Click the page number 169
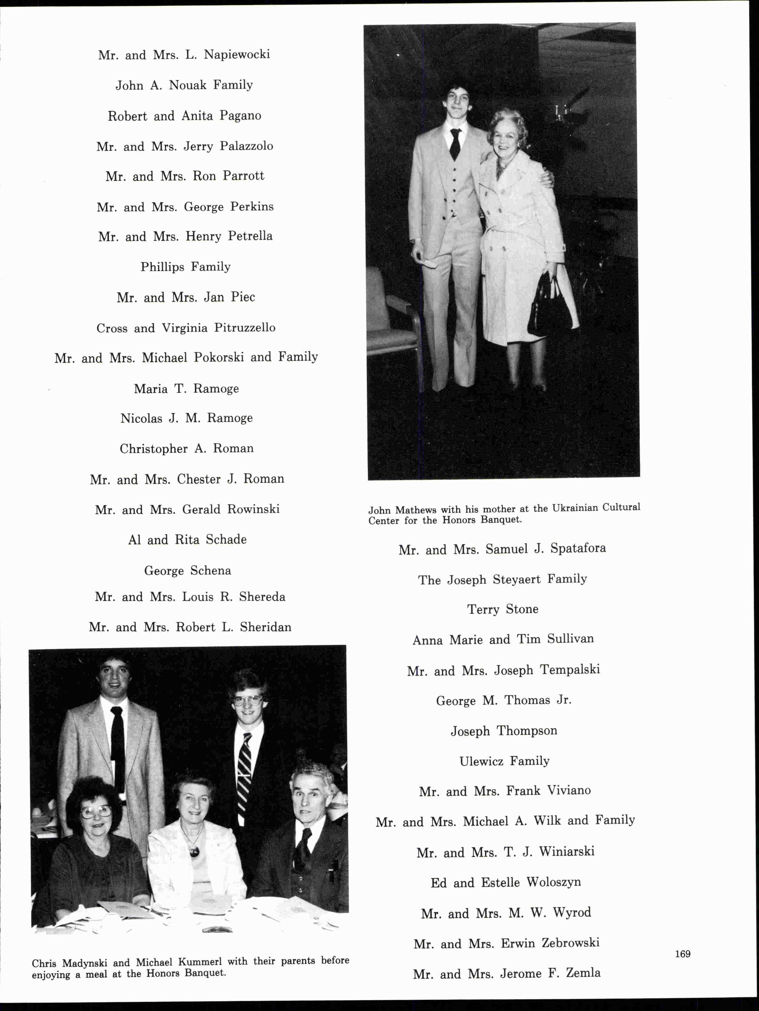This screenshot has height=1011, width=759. click(683, 954)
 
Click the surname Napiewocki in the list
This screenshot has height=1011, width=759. click(237, 54)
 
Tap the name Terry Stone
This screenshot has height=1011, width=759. click(503, 609)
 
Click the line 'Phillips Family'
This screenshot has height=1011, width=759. click(185, 267)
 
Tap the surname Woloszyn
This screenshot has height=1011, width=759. click(554, 882)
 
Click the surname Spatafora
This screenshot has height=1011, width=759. click(578, 548)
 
